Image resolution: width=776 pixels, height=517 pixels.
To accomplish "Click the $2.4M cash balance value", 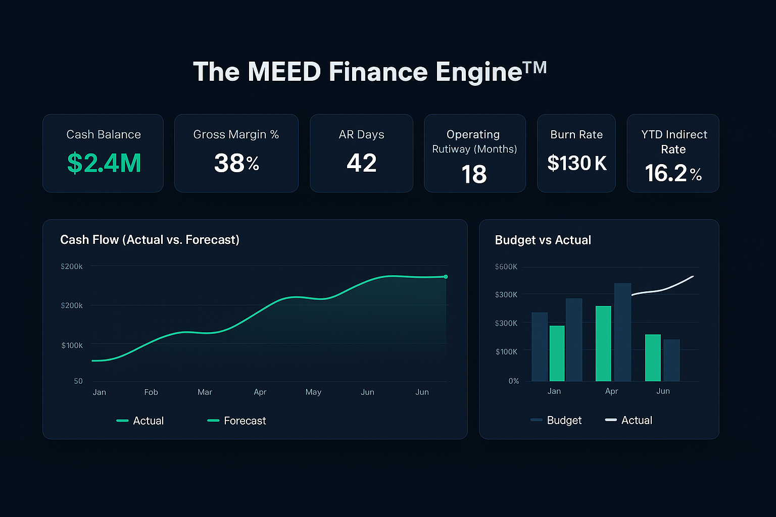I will pos(104,163).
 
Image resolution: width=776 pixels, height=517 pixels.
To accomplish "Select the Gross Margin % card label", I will pos(236,134).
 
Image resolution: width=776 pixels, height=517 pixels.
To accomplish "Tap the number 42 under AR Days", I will pos(362,163).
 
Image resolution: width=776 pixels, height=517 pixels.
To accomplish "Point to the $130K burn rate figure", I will pos(577,163).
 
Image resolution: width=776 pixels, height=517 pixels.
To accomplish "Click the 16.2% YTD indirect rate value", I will pos(673,174).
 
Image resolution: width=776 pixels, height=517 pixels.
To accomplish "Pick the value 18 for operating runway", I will pos(474,175).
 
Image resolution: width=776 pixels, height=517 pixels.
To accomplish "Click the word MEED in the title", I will pos(284,72).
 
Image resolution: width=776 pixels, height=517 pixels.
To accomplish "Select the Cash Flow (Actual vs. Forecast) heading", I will pos(150,240).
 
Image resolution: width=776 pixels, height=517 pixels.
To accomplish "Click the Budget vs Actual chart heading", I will pos(543,240).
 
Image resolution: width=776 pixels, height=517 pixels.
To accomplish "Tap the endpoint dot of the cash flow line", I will pos(446,277).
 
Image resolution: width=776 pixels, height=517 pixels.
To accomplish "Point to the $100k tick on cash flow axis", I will pos(72,345).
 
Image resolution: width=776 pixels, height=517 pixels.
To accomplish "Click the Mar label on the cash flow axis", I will pos(205,392).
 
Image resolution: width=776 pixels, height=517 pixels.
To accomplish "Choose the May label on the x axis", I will pos(313,392).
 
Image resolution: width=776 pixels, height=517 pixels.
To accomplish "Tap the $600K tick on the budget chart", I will pos(506,267).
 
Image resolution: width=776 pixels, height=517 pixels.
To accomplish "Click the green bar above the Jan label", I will pos(557,353).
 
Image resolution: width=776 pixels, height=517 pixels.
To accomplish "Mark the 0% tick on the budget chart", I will pos(513,381).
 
